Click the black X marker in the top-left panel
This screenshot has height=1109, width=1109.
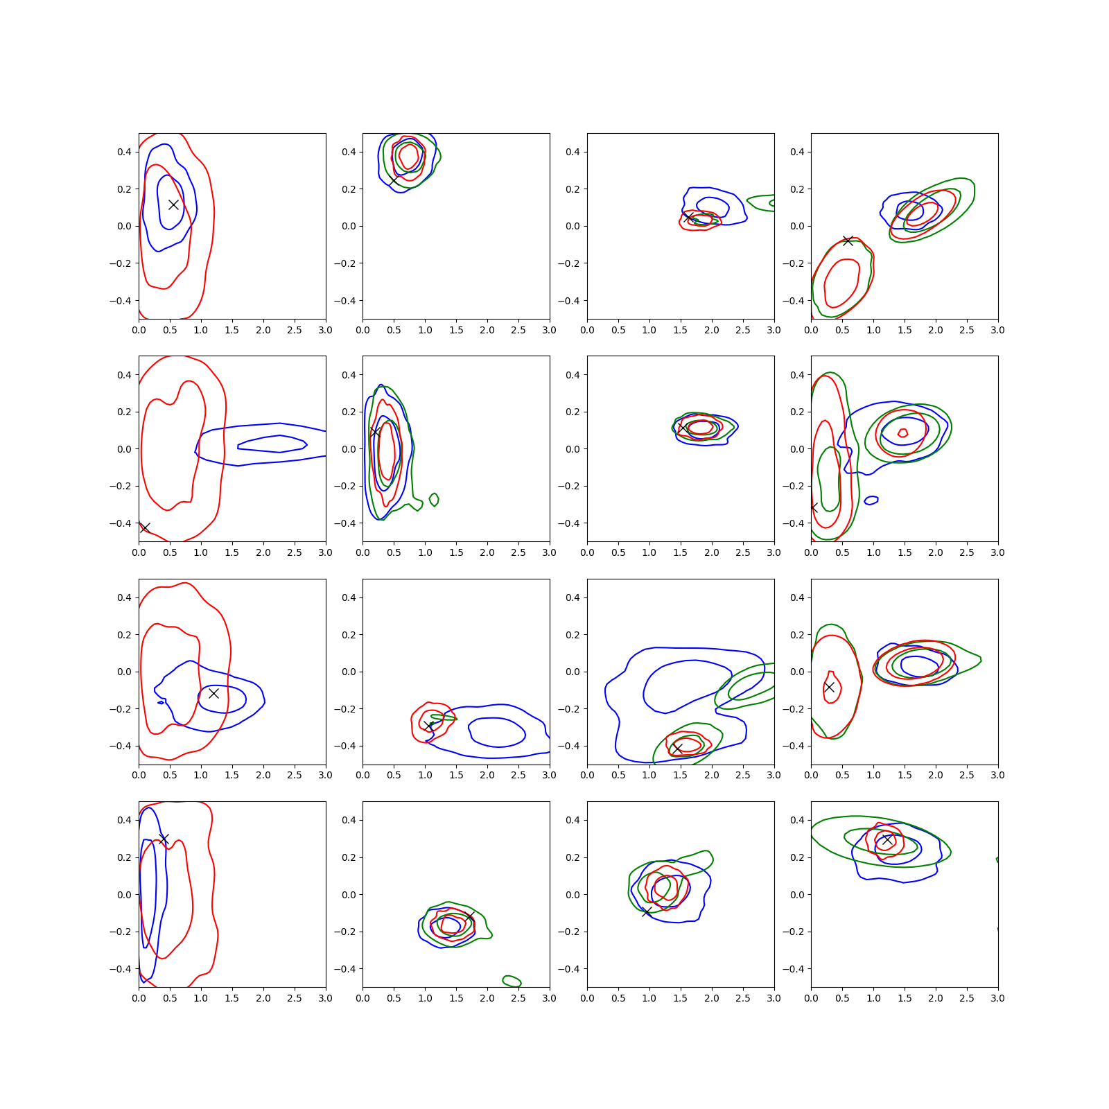click(173, 204)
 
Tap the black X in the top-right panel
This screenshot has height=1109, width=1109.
click(848, 241)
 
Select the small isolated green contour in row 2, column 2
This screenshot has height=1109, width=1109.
click(434, 500)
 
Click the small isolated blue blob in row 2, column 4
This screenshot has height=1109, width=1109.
click(871, 500)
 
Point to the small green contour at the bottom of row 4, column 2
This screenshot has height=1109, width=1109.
click(512, 981)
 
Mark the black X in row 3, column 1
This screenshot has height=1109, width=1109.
click(213, 693)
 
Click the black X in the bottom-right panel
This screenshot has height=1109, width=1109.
click(887, 839)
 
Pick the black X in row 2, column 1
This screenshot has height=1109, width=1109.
click(144, 527)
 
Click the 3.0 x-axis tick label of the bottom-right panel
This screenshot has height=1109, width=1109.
click(997, 998)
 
